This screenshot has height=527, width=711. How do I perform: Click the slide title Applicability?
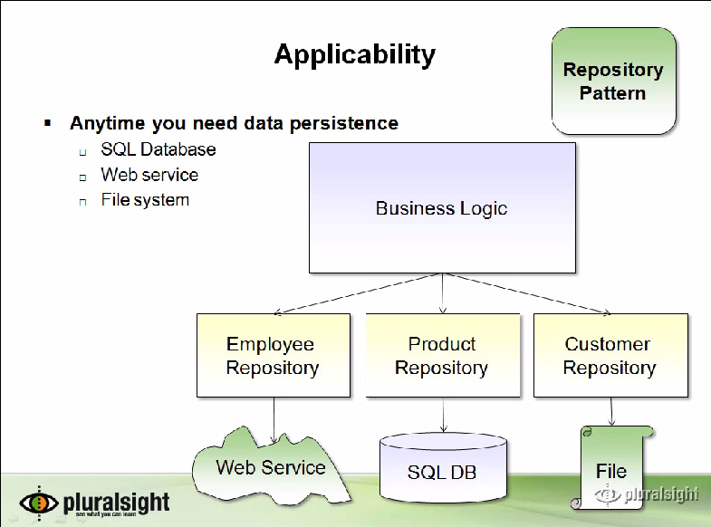click(x=354, y=55)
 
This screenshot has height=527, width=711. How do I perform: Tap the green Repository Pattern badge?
click(x=613, y=81)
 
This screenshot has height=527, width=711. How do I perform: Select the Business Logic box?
click(x=442, y=208)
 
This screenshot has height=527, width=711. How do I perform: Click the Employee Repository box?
click(x=273, y=356)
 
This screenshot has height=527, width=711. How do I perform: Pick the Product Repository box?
click(x=442, y=356)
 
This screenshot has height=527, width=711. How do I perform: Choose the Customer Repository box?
click(x=610, y=356)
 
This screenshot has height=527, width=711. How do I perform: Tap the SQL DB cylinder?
click(x=442, y=471)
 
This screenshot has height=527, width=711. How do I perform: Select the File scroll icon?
click(x=611, y=470)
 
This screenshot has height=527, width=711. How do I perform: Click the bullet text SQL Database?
click(x=159, y=149)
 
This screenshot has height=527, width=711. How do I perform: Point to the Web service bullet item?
click(x=149, y=175)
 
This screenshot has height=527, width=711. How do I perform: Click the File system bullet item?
click(x=145, y=200)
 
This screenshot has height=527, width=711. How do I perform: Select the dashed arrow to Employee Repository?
click(x=358, y=293)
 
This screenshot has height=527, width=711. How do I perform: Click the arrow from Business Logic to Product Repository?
click(x=442, y=293)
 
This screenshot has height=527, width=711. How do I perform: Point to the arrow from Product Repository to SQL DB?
click(x=442, y=415)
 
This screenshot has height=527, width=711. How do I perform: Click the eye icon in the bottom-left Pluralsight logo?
click(x=39, y=502)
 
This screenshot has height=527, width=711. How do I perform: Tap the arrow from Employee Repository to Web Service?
click(x=274, y=419)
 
